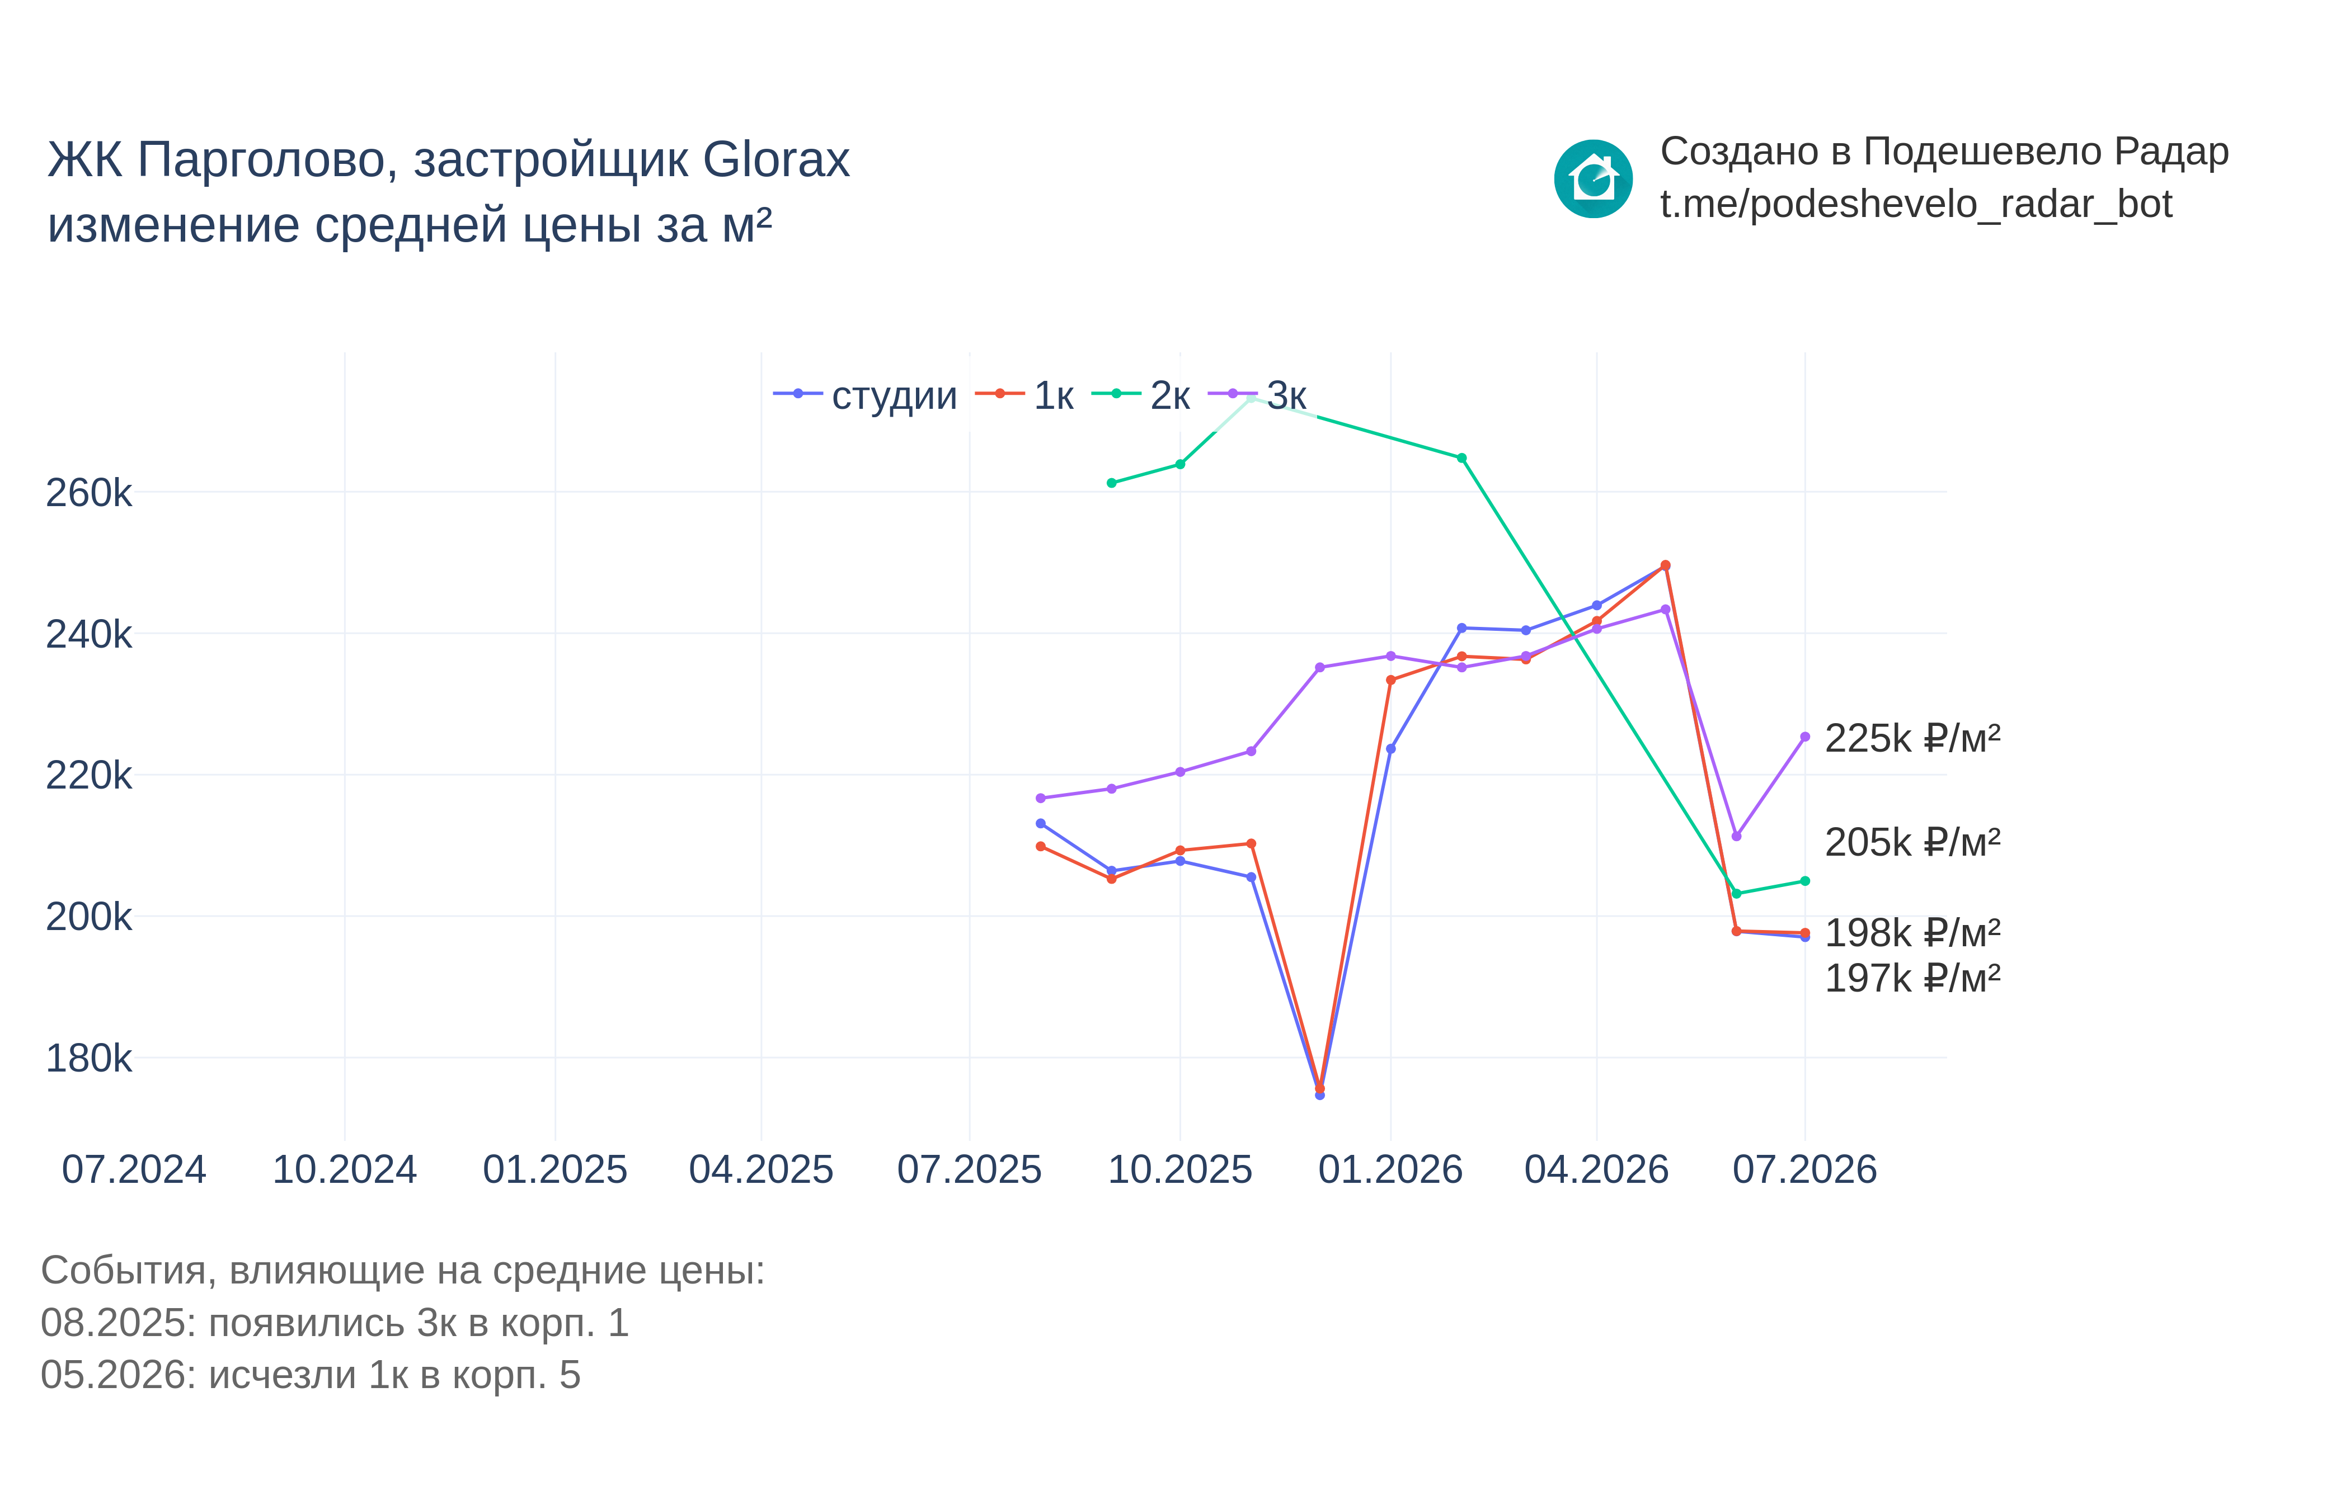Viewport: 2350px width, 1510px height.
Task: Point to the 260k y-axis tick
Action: [x=88, y=492]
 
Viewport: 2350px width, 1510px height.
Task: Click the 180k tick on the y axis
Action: [x=88, y=1058]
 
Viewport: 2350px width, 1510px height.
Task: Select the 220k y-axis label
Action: [x=88, y=775]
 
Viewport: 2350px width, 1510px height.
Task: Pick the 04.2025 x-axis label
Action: [x=761, y=1169]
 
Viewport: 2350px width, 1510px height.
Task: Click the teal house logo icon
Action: [x=1593, y=178]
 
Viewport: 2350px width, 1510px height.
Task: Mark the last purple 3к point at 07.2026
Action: [x=1804, y=737]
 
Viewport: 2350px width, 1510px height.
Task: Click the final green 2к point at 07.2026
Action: [x=1804, y=881]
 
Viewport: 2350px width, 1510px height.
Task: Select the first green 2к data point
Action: [x=1111, y=483]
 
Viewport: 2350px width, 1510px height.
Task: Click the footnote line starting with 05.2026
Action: [x=311, y=1375]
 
